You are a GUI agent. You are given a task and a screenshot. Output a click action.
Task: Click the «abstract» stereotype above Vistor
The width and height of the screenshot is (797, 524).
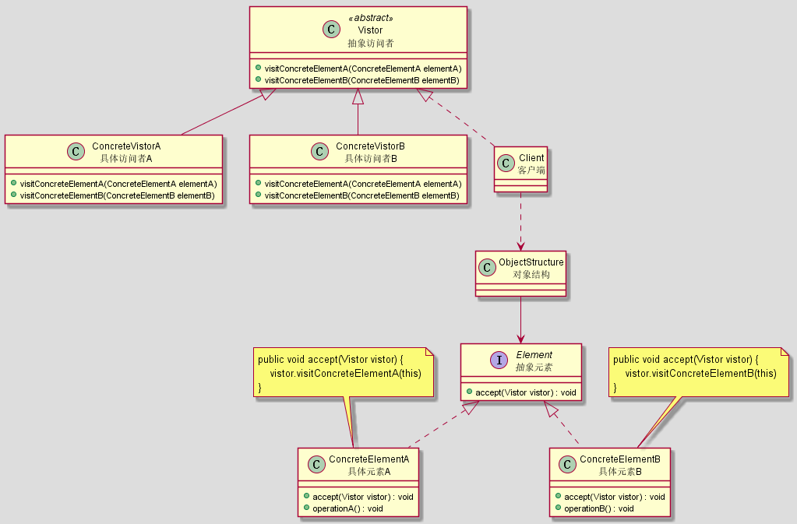click(x=371, y=18)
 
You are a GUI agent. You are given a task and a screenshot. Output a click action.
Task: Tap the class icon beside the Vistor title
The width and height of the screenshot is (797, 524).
click(x=331, y=30)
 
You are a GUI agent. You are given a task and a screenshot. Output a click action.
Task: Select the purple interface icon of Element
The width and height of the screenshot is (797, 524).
click(x=499, y=360)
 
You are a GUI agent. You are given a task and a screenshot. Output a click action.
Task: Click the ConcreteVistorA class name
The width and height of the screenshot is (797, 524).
click(x=126, y=146)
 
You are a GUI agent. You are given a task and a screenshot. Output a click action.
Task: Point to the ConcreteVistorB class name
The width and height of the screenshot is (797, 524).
click(x=371, y=146)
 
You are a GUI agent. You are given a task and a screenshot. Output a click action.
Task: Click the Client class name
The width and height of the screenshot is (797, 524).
click(x=531, y=158)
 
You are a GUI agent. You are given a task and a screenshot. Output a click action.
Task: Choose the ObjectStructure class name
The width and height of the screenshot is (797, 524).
click(x=531, y=262)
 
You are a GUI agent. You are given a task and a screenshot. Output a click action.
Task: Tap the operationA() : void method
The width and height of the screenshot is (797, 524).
click(x=347, y=508)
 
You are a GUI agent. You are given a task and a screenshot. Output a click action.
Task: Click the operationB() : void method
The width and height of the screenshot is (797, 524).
click(x=599, y=508)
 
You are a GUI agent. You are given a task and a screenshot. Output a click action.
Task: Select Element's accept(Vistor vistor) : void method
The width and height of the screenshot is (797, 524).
click(x=526, y=392)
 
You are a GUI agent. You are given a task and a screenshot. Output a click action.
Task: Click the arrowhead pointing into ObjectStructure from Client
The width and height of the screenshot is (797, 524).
click(x=520, y=246)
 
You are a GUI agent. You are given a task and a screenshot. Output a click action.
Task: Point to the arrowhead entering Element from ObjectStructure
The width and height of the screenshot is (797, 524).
click(x=520, y=338)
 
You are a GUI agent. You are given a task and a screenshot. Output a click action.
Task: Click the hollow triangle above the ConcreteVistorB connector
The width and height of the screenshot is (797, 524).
click(x=358, y=96)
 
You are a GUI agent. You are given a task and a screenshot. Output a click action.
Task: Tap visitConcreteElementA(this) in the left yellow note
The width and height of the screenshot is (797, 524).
click(x=346, y=374)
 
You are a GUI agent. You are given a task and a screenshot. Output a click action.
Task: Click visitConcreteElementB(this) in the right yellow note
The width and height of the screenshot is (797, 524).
click(x=701, y=374)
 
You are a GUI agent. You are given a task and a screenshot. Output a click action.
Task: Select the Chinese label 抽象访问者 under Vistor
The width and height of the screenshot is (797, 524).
click(x=371, y=43)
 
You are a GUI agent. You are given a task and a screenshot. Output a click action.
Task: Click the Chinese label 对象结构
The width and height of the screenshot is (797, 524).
click(x=531, y=275)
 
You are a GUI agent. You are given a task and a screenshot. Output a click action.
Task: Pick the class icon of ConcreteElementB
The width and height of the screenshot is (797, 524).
click(x=567, y=464)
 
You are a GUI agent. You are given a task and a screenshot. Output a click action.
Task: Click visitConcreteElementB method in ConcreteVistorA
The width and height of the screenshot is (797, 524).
click(x=118, y=195)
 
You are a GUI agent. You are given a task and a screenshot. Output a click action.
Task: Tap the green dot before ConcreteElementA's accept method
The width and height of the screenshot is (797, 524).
click(x=306, y=496)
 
